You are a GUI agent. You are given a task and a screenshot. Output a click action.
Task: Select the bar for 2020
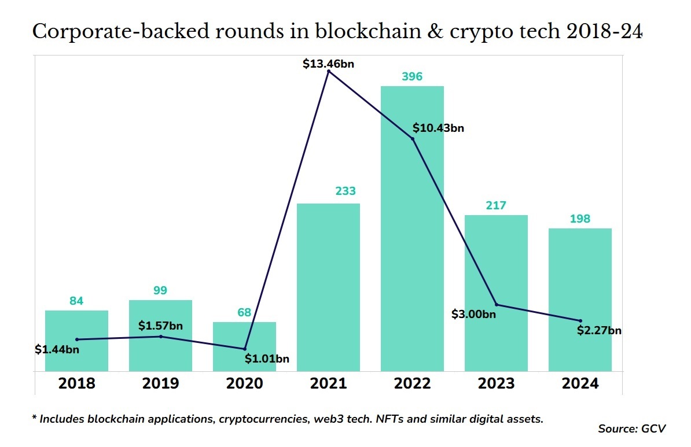coord(244,346)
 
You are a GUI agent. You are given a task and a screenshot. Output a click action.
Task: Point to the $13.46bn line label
coord(328,64)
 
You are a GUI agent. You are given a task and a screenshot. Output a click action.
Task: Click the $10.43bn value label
coord(438,128)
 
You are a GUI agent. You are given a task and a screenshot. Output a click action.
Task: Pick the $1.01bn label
coord(267,359)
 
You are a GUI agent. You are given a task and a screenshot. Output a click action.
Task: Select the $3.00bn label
coord(473,315)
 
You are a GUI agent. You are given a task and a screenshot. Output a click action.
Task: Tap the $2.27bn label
coord(599,331)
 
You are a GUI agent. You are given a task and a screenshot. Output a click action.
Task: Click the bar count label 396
coord(412,76)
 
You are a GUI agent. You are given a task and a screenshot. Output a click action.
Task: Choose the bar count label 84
coord(76,301)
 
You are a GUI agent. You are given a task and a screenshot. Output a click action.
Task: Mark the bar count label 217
coord(496,205)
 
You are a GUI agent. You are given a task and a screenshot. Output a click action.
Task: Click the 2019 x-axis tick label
coord(160,384)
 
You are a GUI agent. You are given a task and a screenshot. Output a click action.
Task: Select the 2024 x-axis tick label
coord(580,384)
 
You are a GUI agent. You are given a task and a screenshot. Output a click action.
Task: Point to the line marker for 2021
coord(329,71)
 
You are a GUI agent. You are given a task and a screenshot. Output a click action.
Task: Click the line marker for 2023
coord(497,305)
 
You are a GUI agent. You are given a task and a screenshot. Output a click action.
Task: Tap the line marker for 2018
coord(77,339)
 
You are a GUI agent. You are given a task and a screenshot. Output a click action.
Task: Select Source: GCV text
coord(632,428)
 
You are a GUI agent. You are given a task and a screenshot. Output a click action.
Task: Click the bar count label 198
coord(580,219)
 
